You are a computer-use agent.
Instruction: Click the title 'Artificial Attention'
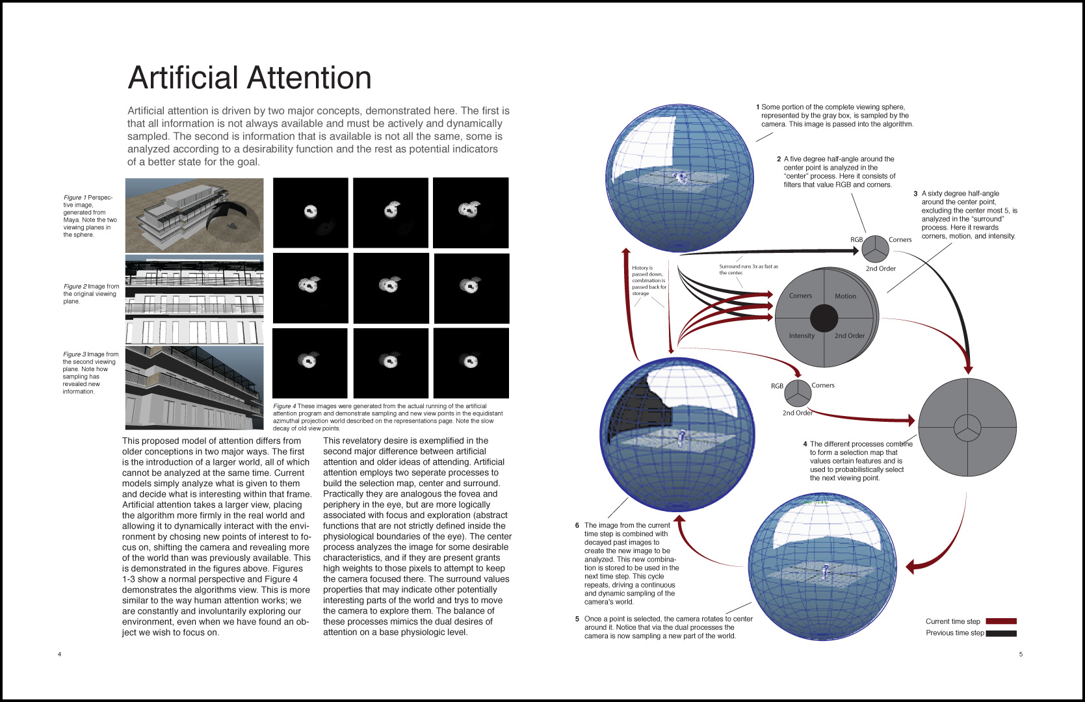[x=250, y=78]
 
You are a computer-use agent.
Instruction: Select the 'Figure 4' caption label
[x=284, y=406]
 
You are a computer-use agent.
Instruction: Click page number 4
[x=59, y=654]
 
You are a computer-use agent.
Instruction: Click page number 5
[x=1021, y=654]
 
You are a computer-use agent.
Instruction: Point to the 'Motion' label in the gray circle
[x=845, y=296]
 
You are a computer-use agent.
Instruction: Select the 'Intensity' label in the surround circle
[x=802, y=336]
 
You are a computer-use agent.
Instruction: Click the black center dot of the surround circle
[x=824, y=318]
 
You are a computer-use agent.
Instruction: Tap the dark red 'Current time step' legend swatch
[x=1000, y=621]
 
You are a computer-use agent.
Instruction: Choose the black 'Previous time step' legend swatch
[x=1000, y=633]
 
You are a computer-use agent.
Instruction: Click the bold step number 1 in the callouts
[x=757, y=107]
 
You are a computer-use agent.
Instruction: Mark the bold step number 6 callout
[x=577, y=525]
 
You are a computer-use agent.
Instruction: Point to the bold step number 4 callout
[x=805, y=445]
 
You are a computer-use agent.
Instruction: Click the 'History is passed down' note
[x=649, y=280]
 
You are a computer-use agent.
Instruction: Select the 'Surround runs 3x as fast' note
[x=748, y=269]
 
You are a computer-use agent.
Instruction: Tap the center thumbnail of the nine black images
[x=391, y=288]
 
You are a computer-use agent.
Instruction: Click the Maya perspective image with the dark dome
[x=194, y=215]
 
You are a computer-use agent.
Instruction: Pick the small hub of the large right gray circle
[x=967, y=427]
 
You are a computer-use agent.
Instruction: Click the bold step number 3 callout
[x=915, y=194]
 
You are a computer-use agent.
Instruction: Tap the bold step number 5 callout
[x=577, y=619]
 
